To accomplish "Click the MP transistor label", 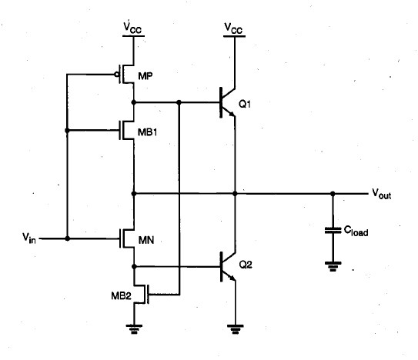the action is [145, 76].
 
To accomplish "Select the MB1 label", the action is [148, 132].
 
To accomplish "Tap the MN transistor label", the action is [146, 240].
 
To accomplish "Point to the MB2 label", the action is [122, 295].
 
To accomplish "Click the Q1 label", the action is [245, 104].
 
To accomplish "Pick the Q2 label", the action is [246, 265].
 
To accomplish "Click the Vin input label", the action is [29, 238].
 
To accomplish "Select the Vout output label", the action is [382, 194].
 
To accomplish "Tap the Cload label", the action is [356, 231].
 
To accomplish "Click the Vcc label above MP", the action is [132, 28].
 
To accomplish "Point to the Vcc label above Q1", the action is [233, 28].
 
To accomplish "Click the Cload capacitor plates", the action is [333, 230].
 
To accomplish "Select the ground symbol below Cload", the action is [333, 266].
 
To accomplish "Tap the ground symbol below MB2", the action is [134, 329].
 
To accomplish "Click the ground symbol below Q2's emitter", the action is [235, 329].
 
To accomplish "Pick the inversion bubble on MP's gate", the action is [117, 75].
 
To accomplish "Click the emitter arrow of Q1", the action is [232, 115].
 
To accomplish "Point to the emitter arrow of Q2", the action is [232, 278].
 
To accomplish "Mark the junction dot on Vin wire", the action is [68, 238].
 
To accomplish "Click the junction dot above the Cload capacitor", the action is [333, 194].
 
